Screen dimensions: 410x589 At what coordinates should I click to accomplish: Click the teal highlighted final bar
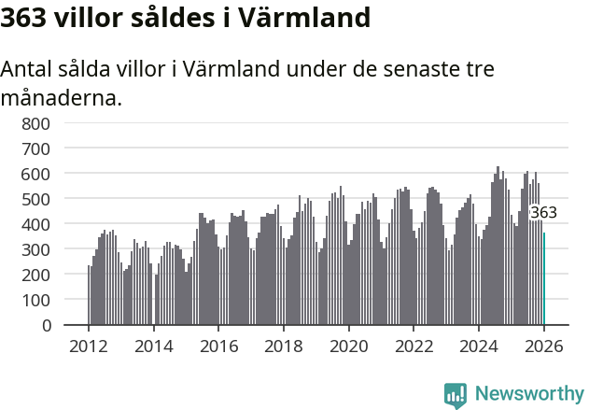tap(544, 280)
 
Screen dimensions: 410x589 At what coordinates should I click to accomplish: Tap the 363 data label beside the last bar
tap(543, 213)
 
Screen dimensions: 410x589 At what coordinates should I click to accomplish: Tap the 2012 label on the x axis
tap(89, 346)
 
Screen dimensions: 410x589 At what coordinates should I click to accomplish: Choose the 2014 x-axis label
tap(154, 346)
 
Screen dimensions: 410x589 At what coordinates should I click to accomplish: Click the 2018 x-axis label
tap(284, 346)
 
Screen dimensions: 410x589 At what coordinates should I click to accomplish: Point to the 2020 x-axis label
tap(349, 346)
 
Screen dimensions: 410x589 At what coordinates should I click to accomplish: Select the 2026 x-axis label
tap(544, 346)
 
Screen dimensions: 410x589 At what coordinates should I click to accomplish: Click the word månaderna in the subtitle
tap(62, 97)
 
